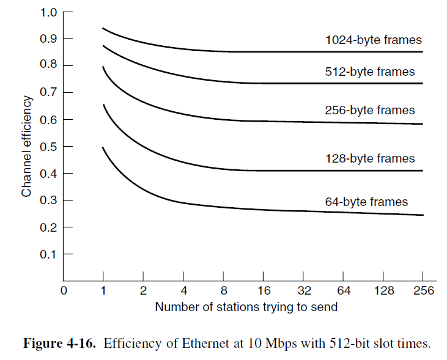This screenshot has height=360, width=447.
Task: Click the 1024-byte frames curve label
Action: pos(373,40)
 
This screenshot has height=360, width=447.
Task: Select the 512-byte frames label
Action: pos(370,72)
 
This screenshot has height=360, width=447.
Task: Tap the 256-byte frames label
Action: pos(370,111)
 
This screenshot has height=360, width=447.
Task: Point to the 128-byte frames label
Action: pos(370,159)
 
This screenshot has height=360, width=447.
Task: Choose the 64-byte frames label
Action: pos(366,202)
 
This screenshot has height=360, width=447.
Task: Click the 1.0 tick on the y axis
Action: pos(48,12)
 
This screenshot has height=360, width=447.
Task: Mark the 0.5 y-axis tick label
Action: pos(48,147)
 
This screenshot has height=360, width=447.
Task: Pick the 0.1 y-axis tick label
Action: pos(48,254)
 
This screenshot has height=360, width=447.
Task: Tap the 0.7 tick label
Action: pos(48,92)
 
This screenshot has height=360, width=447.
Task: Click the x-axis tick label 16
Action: pos(264,291)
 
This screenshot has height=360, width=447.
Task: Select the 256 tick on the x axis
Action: pos(423,291)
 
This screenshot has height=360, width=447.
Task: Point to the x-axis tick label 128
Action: pos(383,291)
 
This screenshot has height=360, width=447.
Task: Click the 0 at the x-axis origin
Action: pos(63,291)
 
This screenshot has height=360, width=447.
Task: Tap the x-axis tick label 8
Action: pos(224,291)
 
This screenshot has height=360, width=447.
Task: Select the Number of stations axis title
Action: pos(246,307)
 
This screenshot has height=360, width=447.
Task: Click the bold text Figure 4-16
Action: pos(60,343)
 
